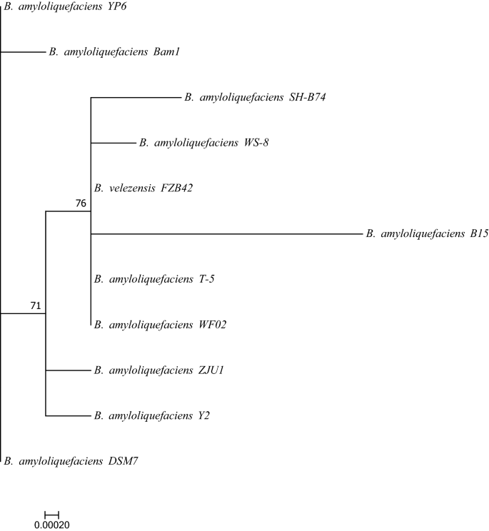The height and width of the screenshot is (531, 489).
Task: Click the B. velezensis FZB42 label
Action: [x=143, y=188]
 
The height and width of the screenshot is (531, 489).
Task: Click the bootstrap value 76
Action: [x=81, y=203]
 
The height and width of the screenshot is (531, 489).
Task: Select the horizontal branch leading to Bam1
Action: [x=23, y=51]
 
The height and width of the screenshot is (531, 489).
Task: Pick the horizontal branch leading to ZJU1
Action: [x=67, y=370]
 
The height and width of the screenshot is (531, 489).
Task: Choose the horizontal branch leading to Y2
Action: [x=67, y=415]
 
